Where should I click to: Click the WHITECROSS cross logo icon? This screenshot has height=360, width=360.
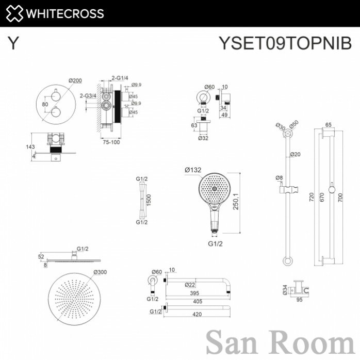[14, 13]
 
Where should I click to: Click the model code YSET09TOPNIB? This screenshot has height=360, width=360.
[285, 43]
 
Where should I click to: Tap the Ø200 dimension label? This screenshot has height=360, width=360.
[75, 80]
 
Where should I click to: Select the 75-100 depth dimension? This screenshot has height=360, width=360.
[111, 142]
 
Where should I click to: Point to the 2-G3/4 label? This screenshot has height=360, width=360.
[88, 95]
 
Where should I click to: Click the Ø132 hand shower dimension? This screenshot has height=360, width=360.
[193, 170]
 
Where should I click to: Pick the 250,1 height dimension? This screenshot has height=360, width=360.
[236, 201]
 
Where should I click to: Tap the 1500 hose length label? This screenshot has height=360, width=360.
[149, 200]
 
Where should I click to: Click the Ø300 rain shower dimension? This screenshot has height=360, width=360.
[100, 272]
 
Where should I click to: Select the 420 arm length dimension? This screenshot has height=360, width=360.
[197, 314]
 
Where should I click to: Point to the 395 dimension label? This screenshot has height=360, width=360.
[194, 293]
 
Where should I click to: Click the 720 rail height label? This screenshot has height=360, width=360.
[312, 197]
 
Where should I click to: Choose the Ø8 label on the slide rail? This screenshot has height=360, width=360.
[279, 178]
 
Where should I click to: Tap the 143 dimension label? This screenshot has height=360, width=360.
[30, 146]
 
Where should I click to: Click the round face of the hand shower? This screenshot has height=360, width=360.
[214, 188]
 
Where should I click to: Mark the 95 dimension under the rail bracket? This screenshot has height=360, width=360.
[299, 300]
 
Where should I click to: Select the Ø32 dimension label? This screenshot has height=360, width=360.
[203, 138]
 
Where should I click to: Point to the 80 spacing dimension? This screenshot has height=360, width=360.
[45, 104]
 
